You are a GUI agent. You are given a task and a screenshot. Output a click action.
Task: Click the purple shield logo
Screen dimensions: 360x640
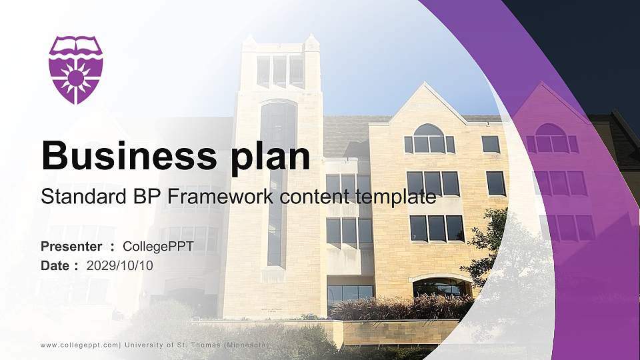75,69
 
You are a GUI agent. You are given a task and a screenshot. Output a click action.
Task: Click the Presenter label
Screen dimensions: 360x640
71,247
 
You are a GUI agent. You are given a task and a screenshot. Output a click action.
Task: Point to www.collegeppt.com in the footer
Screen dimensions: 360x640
79,345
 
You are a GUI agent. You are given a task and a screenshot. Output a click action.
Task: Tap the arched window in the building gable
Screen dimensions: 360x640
429,139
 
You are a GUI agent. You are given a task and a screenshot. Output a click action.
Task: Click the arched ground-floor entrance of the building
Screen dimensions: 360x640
441,287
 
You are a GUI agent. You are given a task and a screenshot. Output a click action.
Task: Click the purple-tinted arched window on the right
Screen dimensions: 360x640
551,138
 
